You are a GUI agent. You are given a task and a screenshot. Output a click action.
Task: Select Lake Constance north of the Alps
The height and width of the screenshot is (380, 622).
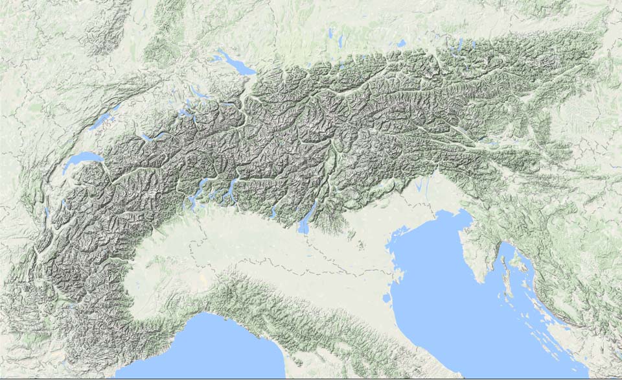pos(235,62)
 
